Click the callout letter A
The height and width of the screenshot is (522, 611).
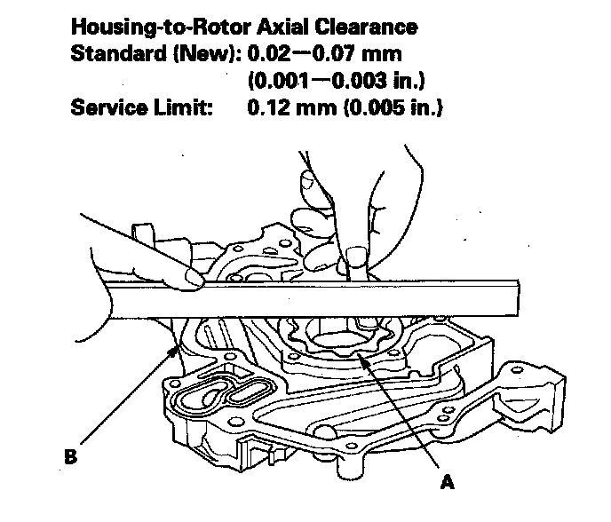point(447,482)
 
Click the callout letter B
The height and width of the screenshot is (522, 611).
point(70,456)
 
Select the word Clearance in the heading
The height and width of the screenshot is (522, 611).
point(366,27)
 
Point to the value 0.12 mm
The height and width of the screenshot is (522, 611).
point(292,107)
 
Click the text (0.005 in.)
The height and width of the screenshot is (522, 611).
point(393,107)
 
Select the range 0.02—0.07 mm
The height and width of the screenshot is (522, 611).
point(325,53)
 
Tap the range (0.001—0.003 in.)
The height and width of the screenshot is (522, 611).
point(337,81)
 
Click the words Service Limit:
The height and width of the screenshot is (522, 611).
point(142,107)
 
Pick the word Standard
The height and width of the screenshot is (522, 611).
point(118,53)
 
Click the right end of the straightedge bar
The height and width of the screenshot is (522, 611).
point(519,298)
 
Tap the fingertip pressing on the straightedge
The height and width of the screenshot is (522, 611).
point(194,278)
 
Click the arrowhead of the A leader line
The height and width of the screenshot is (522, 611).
point(361,357)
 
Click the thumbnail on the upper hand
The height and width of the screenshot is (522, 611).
point(308,181)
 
